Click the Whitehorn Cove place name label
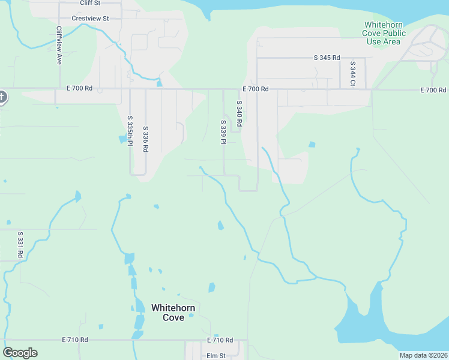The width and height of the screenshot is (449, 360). click(x=173, y=313)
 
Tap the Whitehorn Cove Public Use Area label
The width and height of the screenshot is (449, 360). click(x=384, y=33)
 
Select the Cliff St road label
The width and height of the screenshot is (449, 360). click(x=89, y=3)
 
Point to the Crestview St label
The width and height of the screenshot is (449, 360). click(x=90, y=19)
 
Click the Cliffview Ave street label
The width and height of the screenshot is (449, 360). click(x=59, y=45)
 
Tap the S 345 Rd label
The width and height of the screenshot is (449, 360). click(x=327, y=58)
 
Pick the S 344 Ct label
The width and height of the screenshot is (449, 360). click(x=353, y=73)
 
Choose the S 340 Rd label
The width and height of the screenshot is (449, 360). click(x=239, y=113)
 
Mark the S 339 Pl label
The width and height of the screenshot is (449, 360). click(x=223, y=131)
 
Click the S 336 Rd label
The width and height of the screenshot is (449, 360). click(x=145, y=139)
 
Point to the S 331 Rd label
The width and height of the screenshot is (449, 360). click(x=20, y=244)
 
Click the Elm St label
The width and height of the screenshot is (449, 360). click(x=215, y=356)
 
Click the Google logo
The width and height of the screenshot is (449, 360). click(x=20, y=353)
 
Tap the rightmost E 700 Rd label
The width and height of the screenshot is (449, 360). click(x=433, y=90)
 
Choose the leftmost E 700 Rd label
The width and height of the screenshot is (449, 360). click(x=80, y=89)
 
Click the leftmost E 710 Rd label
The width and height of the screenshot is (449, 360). click(x=74, y=340)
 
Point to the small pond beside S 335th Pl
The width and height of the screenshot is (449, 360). click(x=124, y=139)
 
